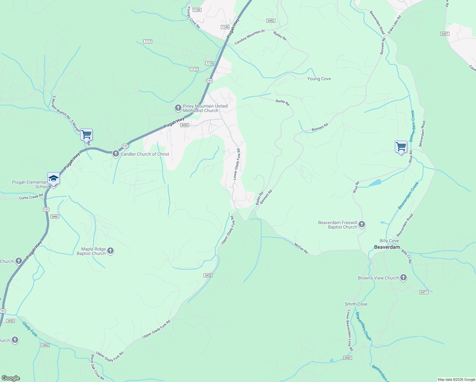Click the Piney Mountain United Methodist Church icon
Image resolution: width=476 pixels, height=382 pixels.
pos(178,108)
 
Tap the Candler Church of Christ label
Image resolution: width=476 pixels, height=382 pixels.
pos(145,154)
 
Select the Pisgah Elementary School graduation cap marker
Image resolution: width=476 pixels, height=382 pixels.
pos(53,179)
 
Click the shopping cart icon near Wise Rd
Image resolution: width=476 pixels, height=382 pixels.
pos(401,147)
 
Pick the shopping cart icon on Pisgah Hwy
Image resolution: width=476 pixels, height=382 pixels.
pos(87,135)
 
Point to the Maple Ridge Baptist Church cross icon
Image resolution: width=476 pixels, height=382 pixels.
pos(110,251)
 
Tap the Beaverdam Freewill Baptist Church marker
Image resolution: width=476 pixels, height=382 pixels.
pos(361,225)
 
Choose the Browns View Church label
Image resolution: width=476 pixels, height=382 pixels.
pos(378,278)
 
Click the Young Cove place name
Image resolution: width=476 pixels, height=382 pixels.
pos(319,79)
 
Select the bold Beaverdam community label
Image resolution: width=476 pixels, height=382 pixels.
pos(387,247)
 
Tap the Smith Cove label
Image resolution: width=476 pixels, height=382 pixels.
pos(356,304)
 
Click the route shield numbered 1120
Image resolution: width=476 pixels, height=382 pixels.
pos(197,10)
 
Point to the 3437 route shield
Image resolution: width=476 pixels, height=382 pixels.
pos(445,34)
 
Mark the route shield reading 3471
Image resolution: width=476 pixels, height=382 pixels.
pos(424,292)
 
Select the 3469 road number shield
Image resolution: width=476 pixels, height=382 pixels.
pos(347,358)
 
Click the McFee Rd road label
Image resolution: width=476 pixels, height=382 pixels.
pos(301,248)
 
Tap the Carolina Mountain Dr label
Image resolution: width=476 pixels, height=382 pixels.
pos(250,37)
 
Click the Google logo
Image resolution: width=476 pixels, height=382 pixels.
pos(10,378)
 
